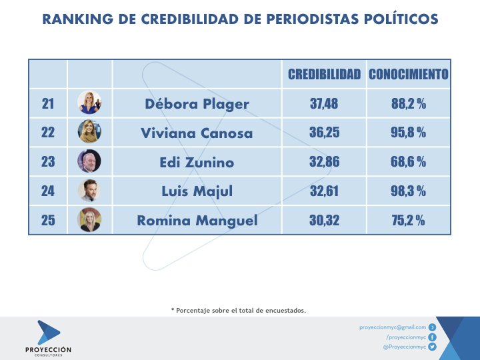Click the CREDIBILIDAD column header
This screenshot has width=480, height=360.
pos(324,74)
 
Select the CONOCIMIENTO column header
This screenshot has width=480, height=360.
pos(408,74)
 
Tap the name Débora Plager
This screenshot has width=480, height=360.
pos(197,104)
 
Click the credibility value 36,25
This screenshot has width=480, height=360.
pos(324,133)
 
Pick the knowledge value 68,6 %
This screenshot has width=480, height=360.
pos(408,162)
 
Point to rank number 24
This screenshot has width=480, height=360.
pos(48,191)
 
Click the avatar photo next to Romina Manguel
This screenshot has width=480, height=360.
pos(89,219)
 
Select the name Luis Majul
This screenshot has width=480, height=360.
pos(197,191)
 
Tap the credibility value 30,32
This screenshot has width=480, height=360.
pos(324,221)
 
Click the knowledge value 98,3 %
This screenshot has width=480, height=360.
pos(408,191)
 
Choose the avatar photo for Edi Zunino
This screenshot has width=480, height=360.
pos(89,161)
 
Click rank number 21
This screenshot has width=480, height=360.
pos(48,104)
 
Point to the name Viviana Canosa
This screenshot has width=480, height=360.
pos(197,133)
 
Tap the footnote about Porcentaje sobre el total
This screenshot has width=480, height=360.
pos(239,310)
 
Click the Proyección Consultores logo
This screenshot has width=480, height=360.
pos(49,337)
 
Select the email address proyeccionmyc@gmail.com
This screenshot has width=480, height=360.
pos(392,327)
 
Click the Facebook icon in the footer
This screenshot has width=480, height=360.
pos(432,337)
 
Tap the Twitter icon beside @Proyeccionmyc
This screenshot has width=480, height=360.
pos(432,347)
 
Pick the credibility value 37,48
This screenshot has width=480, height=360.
pos(324,104)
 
